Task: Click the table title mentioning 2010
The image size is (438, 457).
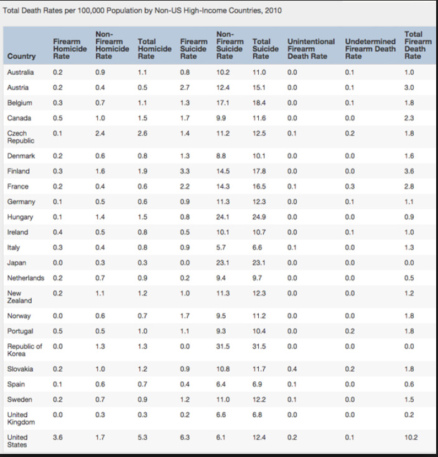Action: tap(142, 11)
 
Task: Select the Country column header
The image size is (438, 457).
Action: tap(21, 56)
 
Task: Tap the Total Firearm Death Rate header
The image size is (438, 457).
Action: tap(417, 45)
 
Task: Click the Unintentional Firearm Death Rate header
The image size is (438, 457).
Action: tap(311, 48)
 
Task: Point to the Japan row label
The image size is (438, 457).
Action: tap(17, 262)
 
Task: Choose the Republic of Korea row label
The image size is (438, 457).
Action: tap(24, 350)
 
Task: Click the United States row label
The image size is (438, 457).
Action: tap(17, 441)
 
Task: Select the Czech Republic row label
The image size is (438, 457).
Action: tap(21, 137)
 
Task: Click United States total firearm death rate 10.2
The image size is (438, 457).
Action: tap(411, 437)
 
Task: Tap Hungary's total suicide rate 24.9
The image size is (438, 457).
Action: tap(259, 217)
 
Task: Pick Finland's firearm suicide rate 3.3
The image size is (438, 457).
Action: tap(185, 171)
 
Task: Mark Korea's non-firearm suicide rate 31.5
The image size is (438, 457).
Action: tap(223, 346)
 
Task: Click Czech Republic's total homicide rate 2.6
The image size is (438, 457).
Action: tap(142, 133)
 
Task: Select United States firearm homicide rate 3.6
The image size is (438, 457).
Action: tap(58, 437)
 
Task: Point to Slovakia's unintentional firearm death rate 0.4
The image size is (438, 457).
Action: tap(292, 369)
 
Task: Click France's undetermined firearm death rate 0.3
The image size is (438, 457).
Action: tap(350, 187)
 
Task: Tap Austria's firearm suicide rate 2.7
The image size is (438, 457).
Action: tap(185, 88)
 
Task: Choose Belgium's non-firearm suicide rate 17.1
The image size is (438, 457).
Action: tap(223, 103)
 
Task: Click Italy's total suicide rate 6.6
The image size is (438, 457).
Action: tap(257, 247)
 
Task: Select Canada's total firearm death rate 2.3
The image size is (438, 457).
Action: tap(409, 118)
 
